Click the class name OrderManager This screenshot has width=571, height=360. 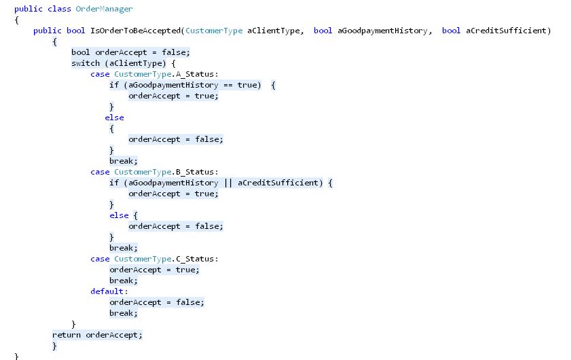(104, 9)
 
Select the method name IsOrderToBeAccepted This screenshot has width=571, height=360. (136, 31)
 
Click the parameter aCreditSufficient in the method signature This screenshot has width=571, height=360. (506, 31)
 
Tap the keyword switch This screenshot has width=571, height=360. (86, 63)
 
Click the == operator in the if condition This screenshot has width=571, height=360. (228, 86)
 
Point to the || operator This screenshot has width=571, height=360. (228, 183)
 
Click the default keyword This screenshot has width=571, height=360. (107, 291)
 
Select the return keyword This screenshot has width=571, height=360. (67, 335)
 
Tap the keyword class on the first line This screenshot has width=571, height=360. (59, 9)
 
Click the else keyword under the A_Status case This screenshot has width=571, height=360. (114, 118)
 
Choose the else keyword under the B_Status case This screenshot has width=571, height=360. (119, 215)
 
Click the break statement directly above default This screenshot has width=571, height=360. (124, 281)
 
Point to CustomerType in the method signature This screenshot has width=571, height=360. (214, 31)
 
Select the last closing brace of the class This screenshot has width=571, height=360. (16, 356)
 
